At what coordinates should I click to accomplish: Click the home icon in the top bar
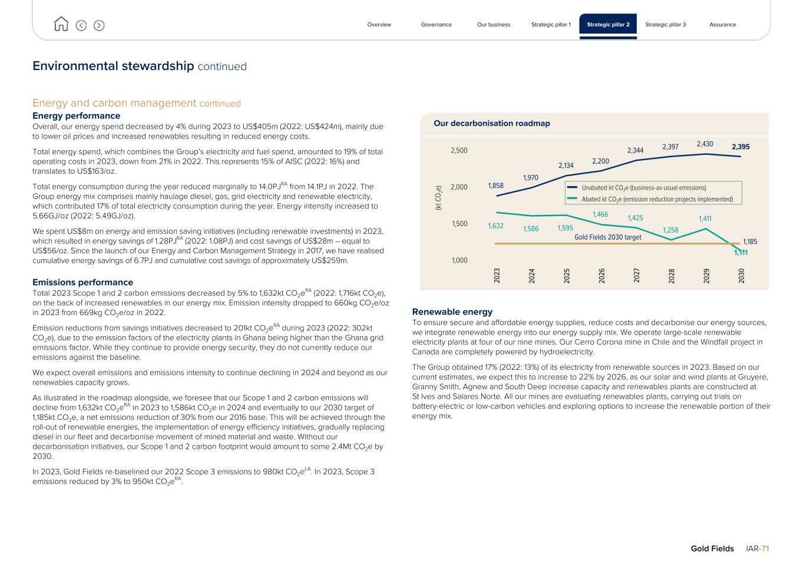tap(61, 24)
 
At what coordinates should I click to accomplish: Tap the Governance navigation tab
tap(436, 25)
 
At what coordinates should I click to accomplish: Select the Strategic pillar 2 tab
tap(608, 25)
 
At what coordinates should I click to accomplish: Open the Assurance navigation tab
tap(722, 25)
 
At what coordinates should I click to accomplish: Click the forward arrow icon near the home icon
tap(99, 25)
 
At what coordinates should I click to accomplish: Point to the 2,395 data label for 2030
tap(740, 147)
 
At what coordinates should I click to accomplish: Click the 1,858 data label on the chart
tap(496, 185)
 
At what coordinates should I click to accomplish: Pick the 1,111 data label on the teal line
tap(740, 253)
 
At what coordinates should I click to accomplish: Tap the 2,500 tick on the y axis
tap(459, 151)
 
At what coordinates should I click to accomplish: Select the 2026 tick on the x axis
tap(601, 276)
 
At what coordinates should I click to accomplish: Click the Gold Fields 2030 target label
tap(607, 237)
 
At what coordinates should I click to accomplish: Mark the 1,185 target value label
tap(750, 241)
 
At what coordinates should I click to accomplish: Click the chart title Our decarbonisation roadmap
tap(492, 124)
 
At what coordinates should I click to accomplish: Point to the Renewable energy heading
tap(452, 311)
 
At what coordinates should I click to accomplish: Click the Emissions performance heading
tap(82, 282)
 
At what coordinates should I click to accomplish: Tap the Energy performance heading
tap(76, 116)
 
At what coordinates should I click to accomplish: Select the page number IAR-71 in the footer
tap(757, 548)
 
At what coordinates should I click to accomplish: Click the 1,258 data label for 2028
tap(670, 230)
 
